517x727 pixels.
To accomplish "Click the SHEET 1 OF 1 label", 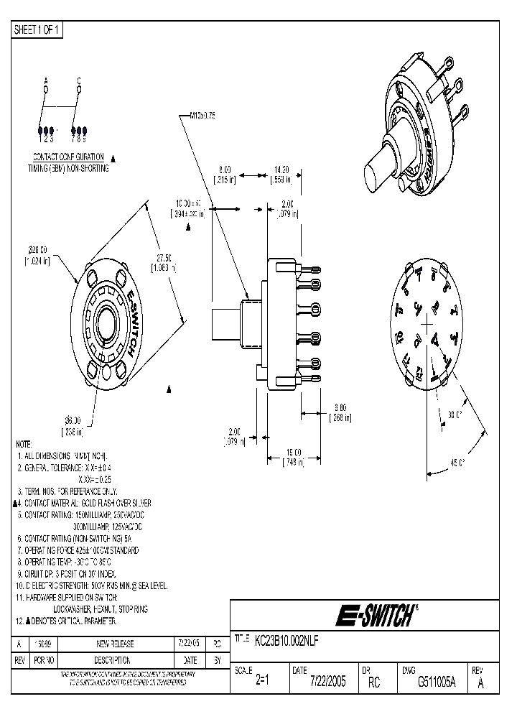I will (x=38, y=29).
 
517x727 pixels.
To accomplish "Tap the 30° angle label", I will (x=456, y=415).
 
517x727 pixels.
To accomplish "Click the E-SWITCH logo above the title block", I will (x=373, y=616).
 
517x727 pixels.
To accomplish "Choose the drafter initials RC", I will (x=373, y=683).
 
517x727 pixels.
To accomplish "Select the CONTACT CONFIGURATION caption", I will (x=69, y=157).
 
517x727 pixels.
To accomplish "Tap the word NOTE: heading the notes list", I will (x=24, y=445).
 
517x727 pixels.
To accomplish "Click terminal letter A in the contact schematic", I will (x=45, y=80).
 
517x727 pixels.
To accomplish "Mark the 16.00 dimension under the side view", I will (x=292, y=453).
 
